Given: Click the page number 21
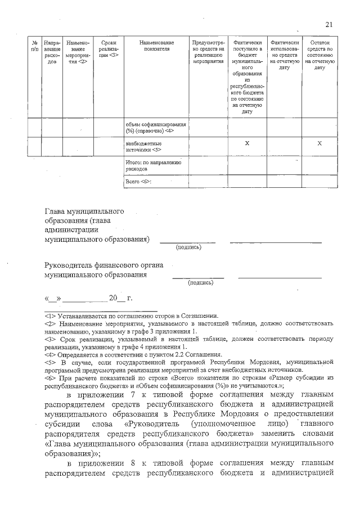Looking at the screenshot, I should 329,24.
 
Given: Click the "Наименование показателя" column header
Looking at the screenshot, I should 156,46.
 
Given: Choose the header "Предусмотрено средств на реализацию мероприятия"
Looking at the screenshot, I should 208,52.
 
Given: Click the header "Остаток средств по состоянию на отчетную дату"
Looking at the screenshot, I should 319,55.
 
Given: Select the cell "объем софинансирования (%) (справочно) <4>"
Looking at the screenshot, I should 155,127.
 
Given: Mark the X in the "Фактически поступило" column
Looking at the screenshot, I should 247,144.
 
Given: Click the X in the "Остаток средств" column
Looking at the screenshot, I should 319,144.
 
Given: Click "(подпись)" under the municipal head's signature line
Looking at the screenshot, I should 188,247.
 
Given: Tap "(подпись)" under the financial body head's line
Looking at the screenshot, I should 200,283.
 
